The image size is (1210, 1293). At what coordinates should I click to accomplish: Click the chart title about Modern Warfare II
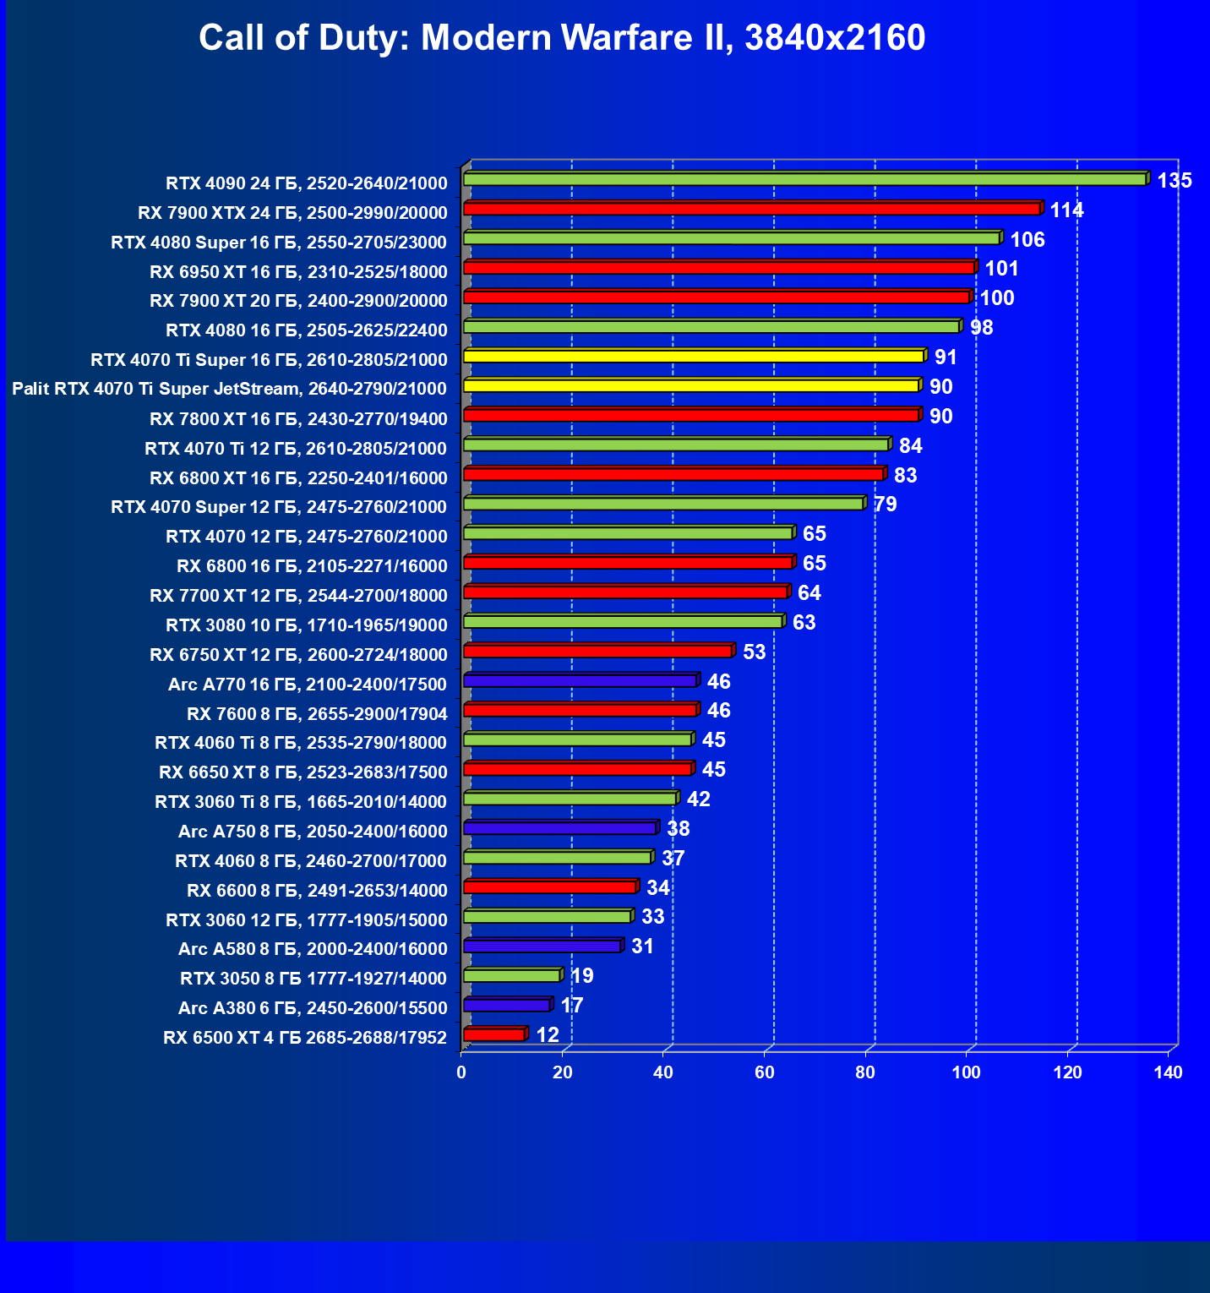[x=562, y=38]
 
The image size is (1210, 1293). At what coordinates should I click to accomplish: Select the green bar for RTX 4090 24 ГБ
[x=803, y=179]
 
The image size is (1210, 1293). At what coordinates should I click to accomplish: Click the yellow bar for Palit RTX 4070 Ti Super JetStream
[x=690, y=385]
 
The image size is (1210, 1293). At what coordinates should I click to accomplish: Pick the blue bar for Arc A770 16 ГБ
[x=580, y=680]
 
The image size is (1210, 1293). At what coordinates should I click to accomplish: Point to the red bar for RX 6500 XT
[x=493, y=1034]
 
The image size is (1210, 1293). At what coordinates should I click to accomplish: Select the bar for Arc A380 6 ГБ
[x=506, y=1005]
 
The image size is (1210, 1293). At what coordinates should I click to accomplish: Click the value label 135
[x=1174, y=180]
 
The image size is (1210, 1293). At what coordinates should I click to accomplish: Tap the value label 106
[x=1027, y=239]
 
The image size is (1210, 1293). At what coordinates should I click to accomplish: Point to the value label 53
[x=754, y=652]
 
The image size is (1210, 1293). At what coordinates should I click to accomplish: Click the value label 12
[x=547, y=1034]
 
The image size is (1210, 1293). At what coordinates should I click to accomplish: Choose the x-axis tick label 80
[x=865, y=1072]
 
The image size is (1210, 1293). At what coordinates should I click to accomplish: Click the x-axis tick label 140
[x=1169, y=1072]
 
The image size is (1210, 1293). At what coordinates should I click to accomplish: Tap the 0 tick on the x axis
[x=461, y=1072]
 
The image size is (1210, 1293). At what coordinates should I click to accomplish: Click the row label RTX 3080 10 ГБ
[x=306, y=625]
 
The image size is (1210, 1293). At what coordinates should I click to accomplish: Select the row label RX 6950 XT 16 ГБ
[x=298, y=271]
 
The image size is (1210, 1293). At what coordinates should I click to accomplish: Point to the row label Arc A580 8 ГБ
[x=313, y=949]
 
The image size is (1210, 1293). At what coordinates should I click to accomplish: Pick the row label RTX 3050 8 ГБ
[x=313, y=979]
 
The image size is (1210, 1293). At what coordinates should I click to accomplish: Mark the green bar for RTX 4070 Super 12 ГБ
[x=662, y=504]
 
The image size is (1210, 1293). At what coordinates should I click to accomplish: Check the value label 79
[x=885, y=505]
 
